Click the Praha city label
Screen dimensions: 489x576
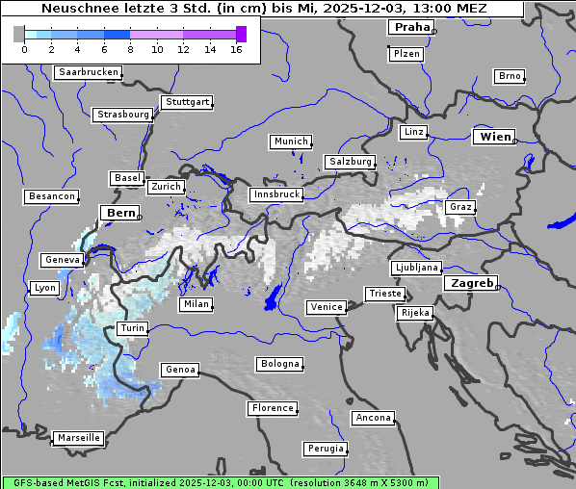pyautogui.click(x=411, y=27)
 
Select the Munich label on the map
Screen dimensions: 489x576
pyautogui.click(x=290, y=142)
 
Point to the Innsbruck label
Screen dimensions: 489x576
pyautogui.click(x=275, y=194)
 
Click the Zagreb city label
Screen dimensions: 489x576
pyautogui.click(x=470, y=283)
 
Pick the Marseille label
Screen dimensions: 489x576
pyautogui.click(x=79, y=437)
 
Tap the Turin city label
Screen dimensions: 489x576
pyautogui.click(x=132, y=328)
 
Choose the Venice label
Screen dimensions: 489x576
pyautogui.click(x=326, y=307)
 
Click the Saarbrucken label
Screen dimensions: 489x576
pyautogui.click(x=89, y=72)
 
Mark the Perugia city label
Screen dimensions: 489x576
pyautogui.click(x=325, y=449)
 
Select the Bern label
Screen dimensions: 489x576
pyautogui.click(x=120, y=212)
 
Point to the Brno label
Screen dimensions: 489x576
pyautogui.click(x=509, y=76)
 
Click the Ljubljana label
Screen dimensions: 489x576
pyautogui.click(x=417, y=268)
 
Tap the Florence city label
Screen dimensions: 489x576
pyautogui.click(x=272, y=408)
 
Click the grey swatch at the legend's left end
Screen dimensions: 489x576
pyautogui.click(x=19, y=35)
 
